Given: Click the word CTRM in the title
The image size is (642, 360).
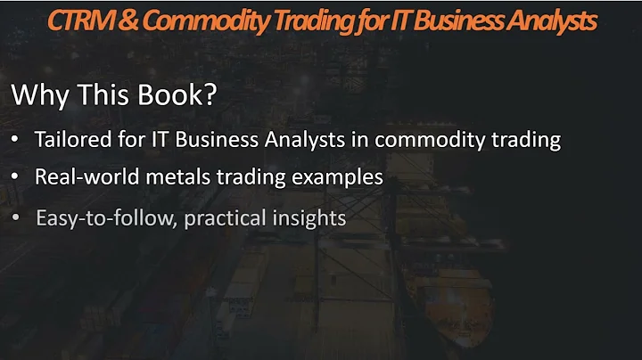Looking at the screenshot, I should pyautogui.click(x=78, y=20).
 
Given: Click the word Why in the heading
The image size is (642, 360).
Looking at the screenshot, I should pyautogui.click(x=37, y=96).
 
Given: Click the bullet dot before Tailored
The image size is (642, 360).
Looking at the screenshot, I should pyautogui.click(x=18, y=141).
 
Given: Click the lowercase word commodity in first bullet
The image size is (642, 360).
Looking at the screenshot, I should pyautogui.click(x=422, y=140).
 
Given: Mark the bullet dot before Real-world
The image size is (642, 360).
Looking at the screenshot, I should pyautogui.click(x=18, y=177).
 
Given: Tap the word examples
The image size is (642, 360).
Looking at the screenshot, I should pyautogui.click(x=342, y=176).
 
